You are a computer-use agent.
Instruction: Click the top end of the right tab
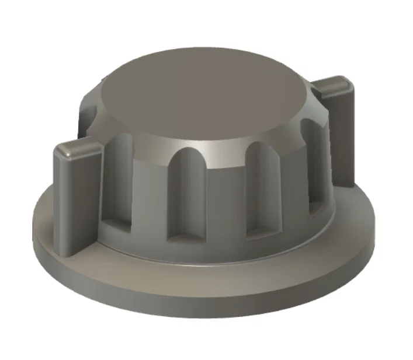pyautogui.click(x=335, y=85)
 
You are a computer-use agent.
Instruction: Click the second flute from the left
pyautogui.click(x=186, y=193)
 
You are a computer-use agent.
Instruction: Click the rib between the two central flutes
pyautogui.click(x=225, y=198)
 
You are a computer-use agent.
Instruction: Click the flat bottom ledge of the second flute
pyautogui.click(x=186, y=236)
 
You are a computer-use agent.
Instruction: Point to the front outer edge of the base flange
pyautogui.click(x=204, y=303)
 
